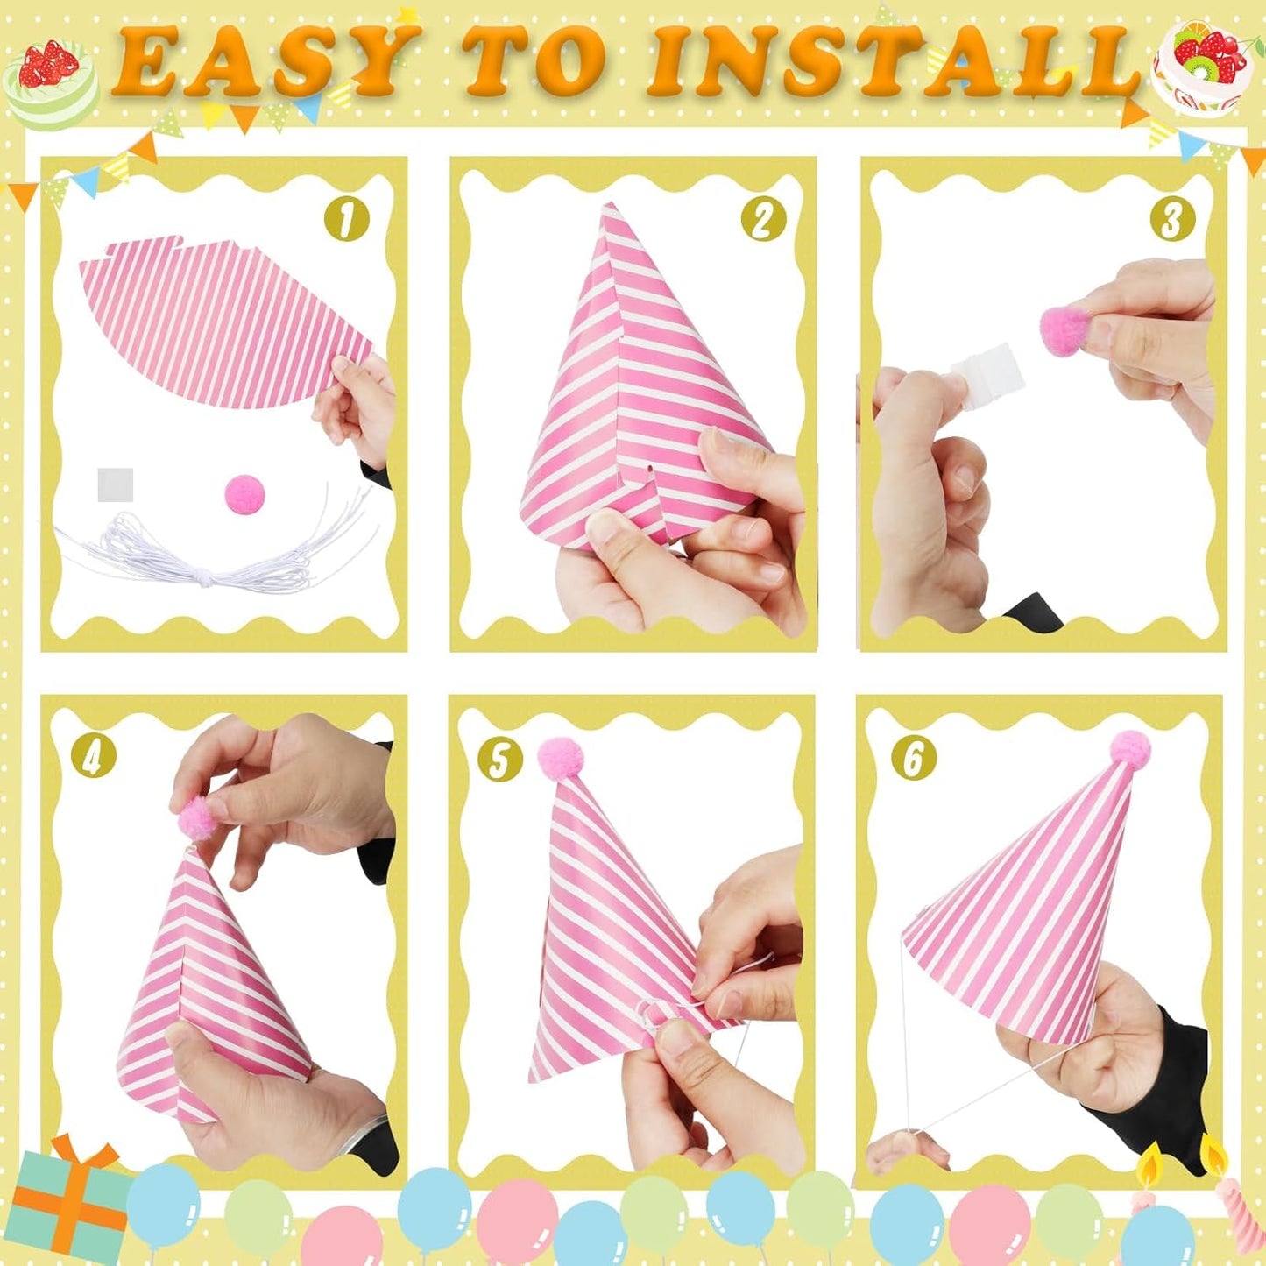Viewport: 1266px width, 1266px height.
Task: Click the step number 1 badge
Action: (x=347, y=219)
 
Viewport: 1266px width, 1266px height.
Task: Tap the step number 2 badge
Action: (x=763, y=219)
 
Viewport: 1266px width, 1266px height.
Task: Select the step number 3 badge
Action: (x=1171, y=219)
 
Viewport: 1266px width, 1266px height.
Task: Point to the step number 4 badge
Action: (x=93, y=757)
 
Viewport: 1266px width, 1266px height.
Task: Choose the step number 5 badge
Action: (x=500, y=758)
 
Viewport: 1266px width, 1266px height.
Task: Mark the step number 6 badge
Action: (x=913, y=758)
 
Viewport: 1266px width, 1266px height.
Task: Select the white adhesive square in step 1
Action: (x=115, y=484)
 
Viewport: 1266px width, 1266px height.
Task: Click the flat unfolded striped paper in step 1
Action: (x=219, y=324)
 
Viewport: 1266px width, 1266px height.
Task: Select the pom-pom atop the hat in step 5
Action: (x=560, y=756)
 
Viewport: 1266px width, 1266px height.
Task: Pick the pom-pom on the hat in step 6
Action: (x=1130, y=749)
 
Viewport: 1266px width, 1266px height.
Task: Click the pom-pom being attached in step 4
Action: (x=197, y=819)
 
